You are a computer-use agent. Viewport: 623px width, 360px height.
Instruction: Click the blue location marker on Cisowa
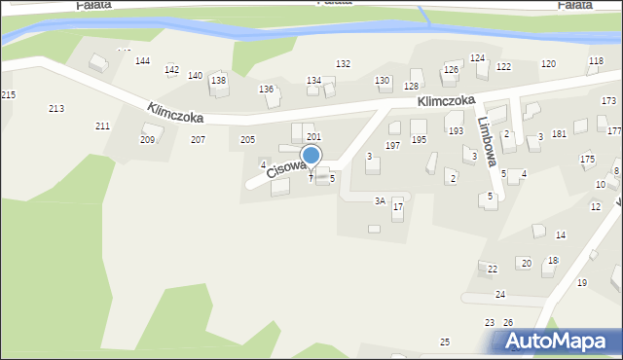point(311,156)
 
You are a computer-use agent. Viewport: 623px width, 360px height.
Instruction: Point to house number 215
point(8,94)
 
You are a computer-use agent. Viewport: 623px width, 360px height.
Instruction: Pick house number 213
point(56,108)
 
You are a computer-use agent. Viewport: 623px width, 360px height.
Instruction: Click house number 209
point(147,140)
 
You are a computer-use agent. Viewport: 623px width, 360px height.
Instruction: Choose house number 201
point(313,137)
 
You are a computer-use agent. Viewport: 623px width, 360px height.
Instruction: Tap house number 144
point(142,61)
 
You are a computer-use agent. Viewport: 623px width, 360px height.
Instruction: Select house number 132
point(343,63)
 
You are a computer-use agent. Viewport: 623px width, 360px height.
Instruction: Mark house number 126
point(451,70)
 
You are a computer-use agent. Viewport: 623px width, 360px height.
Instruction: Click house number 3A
point(381,200)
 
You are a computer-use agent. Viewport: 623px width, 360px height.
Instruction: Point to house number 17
point(397,206)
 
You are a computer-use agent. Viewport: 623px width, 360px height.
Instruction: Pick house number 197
point(392,145)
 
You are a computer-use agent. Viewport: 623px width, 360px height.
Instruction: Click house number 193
point(456,130)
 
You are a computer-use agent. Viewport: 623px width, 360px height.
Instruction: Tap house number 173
point(608,101)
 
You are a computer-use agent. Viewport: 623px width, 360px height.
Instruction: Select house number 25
point(445,342)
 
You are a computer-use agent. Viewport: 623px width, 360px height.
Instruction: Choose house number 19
point(582,282)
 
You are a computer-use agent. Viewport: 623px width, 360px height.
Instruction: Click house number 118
point(596,61)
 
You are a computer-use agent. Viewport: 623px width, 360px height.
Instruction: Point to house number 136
point(266,90)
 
